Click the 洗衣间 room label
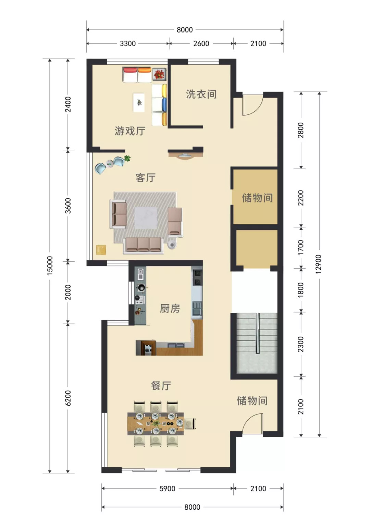(201, 94)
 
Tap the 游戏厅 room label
(130, 131)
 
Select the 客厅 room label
(145, 178)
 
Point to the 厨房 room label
(170, 309)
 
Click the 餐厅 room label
(161, 386)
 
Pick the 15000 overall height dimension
(50, 266)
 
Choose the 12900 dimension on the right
(319, 264)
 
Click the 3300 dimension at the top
(128, 44)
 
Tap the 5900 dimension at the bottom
(167, 488)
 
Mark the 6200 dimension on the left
(68, 398)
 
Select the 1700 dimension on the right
(301, 247)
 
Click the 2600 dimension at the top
(201, 44)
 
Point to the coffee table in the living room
(146, 218)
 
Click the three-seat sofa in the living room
(143, 245)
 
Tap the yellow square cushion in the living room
(101, 250)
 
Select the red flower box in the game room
(159, 74)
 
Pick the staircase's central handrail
(257, 333)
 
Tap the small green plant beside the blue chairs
(127, 158)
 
